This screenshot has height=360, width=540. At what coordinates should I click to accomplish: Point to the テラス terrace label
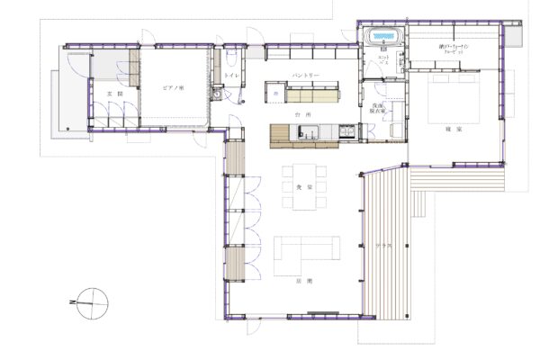381,245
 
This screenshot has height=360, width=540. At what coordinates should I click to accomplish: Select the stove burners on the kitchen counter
346,132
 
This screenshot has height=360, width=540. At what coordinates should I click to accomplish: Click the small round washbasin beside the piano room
217,92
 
